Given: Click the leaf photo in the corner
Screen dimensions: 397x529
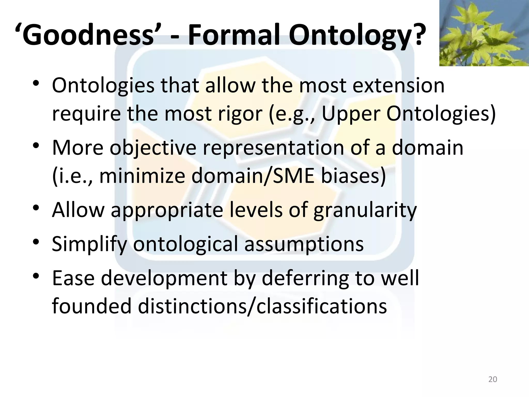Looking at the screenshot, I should click(x=484, y=33).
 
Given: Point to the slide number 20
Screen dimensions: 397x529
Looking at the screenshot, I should click(x=493, y=379).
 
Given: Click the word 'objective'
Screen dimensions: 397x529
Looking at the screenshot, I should click(x=153, y=148).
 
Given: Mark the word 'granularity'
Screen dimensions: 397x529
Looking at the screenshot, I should click(x=365, y=210).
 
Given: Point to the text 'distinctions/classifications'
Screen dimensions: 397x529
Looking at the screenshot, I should click(x=262, y=306).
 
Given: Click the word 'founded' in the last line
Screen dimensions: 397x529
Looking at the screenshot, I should click(x=92, y=306).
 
